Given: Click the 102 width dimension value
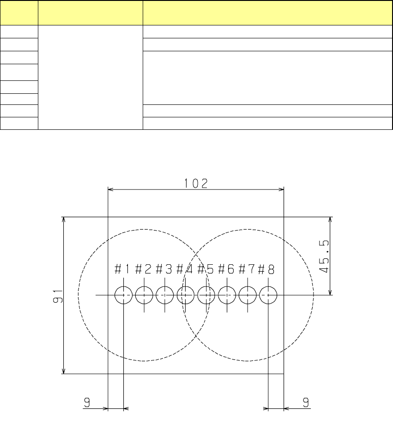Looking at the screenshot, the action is pos(196,183).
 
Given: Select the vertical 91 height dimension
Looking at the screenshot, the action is pos(58,296).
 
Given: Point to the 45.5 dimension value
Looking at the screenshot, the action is pos(324,256).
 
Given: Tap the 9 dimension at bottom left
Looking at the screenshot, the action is pos(87,402).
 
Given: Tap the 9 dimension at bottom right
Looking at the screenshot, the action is pos(306,402).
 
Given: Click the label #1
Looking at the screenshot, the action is pos(122,269).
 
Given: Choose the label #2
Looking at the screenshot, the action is pos(143,269).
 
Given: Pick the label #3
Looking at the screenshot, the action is pos(164,269).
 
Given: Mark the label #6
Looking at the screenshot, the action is pos(226,269).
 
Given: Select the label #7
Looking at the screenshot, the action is pos(247,269).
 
